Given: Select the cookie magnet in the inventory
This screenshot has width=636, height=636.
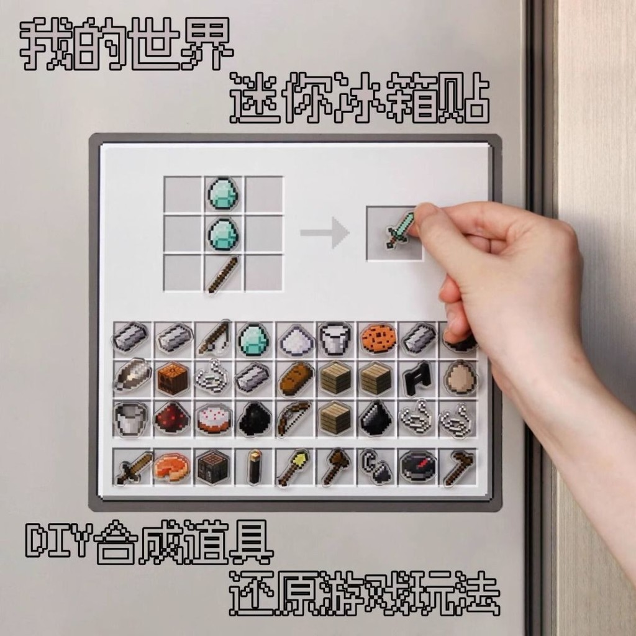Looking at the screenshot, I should pyautogui.click(x=377, y=338).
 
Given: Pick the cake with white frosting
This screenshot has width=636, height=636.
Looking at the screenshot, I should pyautogui.click(x=213, y=419).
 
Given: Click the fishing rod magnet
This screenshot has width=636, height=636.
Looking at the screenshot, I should pyautogui.click(x=214, y=338).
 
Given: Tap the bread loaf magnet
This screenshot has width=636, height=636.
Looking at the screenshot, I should pyautogui.click(x=294, y=378).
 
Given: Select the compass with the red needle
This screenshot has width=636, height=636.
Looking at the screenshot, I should pyautogui.click(x=417, y=466).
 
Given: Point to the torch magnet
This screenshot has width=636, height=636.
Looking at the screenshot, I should pyautogui.click(x=254, y=468).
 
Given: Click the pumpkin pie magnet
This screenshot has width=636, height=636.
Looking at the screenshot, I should pyautogui.click(x=171, y=467).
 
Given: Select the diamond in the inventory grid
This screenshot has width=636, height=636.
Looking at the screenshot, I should pyautogui.click(x=253, y=339).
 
